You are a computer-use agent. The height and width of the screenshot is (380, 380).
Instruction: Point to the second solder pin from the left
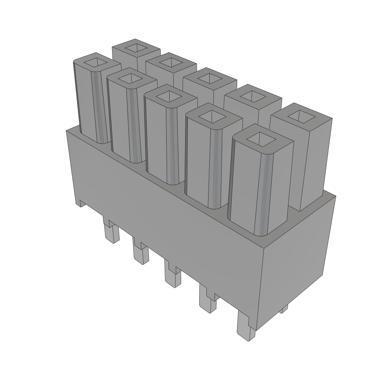click(x=141, y=255)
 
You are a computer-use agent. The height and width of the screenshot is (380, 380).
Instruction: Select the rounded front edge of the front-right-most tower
click(x=262, y=193)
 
